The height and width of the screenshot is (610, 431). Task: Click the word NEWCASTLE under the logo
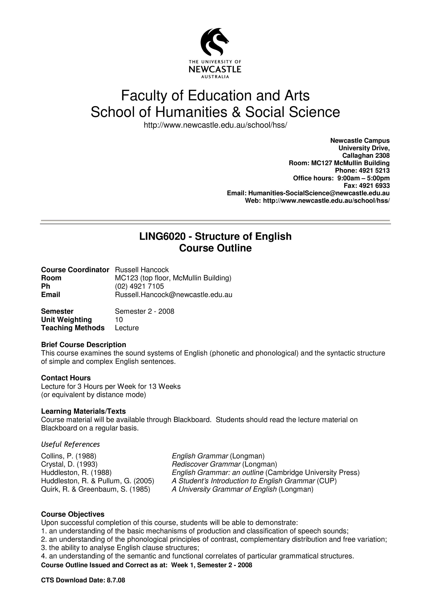click(215, 70)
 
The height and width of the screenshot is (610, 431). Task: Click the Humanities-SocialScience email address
click(319, 193)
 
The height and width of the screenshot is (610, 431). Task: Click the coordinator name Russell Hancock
click(142, 270)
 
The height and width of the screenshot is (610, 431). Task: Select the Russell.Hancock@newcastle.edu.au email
click(173, 295)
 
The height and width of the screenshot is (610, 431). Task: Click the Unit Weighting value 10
click(119, 320)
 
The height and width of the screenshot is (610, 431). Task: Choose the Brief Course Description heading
click(83, 345)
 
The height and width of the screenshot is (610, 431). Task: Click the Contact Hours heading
click(66, 378)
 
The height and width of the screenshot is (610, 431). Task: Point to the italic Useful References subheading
click(70, 444)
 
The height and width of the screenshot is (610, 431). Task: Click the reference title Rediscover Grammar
click(206, 464)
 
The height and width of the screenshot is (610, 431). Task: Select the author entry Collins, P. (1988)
click(69, 456)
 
